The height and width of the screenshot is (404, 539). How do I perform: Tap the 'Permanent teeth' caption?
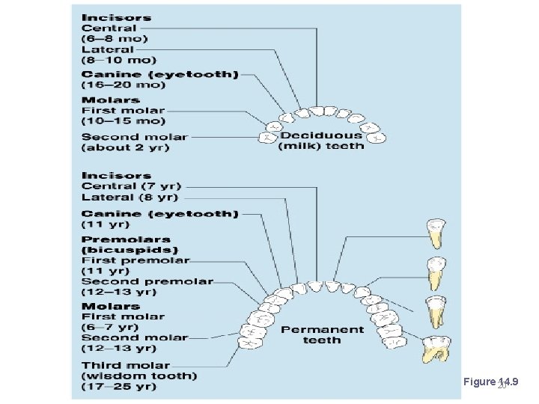pyautogui.click(x=322, y=334)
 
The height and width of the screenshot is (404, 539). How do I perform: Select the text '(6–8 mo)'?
pyautogui.click(x=115, y=39)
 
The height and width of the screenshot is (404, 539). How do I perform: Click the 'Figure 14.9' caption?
pyautogui.click(x=490, y=382)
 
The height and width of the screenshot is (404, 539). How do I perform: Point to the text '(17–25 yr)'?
pyautogui.click(x=119, y=387)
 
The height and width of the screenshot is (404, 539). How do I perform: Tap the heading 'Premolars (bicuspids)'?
pyautogui.click(x=129, y=244)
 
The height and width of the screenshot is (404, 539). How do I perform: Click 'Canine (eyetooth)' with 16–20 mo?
pyautogui.click(x=159, y=75)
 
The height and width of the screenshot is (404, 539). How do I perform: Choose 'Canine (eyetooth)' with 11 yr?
pyautogui.click(x=159, y=214)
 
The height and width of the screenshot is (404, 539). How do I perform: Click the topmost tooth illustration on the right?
pyautogui.click(x=433, y=233)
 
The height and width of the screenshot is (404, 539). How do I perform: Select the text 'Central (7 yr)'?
pyautogui.click(x=131, y=186)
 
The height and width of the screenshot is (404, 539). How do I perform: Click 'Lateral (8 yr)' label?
pyautogui.click(x=130, y=198)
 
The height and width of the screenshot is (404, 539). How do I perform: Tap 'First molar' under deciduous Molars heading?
pyautogui.click(x=123, y=111)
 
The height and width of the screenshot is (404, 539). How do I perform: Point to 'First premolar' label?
pyautogui.click(x=135, y=260)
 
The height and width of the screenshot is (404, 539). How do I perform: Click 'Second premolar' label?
pyautogui.click(x=147, y=282)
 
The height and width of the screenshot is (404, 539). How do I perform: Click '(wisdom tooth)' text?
pyautogui.click(x=139, y=376)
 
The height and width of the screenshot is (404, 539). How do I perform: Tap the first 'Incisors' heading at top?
pyautogui.click(x=116, y=17)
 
